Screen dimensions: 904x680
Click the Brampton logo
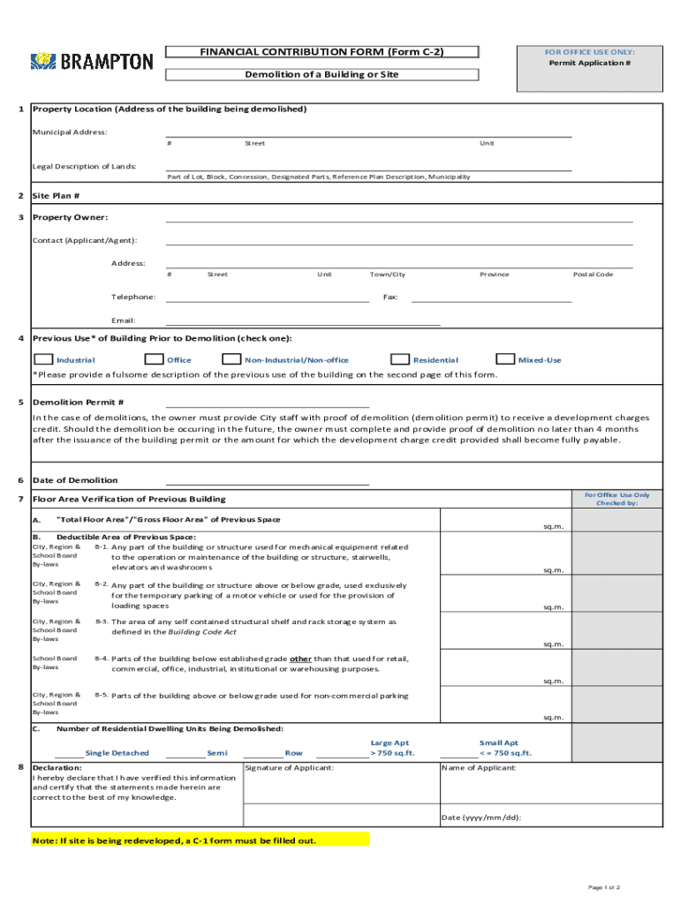[92, 61]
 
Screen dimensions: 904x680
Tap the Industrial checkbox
[42, 359]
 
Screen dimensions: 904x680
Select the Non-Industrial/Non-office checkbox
[231, 359]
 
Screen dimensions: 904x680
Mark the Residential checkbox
[400, 359]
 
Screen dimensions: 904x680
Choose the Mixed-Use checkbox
[505, 359]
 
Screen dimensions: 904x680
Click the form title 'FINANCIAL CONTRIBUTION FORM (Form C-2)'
[321, 52]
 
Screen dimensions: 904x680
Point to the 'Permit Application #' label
[589, 64]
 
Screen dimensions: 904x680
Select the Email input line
[302, 321]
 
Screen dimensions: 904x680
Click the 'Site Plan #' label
[57, 196]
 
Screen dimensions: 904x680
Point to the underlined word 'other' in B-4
[301, 659]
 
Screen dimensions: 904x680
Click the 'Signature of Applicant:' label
[290, 768]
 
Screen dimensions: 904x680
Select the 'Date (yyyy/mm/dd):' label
[481, 817]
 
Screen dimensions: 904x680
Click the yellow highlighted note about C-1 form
[174, 840]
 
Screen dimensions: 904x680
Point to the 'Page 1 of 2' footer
[605, 887]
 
